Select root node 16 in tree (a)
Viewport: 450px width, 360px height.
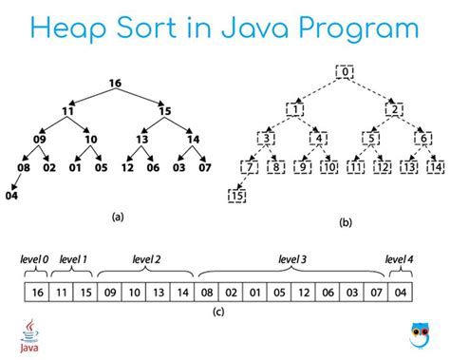click(114, 84)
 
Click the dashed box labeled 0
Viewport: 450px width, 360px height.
click(346, 72)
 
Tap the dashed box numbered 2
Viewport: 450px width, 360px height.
click(392, 108)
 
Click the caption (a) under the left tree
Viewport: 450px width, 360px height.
click(117, 217)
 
